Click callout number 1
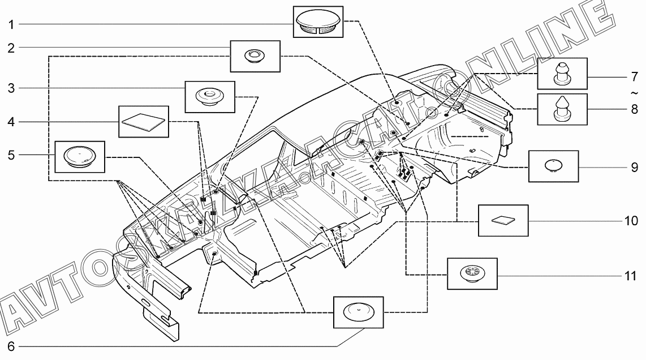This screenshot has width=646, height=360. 11,25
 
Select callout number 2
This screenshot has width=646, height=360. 11,48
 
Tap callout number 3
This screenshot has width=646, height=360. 11,88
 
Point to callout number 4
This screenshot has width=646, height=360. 11,122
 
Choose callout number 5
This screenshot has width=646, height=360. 11,156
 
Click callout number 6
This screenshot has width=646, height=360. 11,346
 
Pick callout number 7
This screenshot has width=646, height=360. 635,77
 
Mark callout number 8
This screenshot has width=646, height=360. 635,109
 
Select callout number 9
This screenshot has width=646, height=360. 635,168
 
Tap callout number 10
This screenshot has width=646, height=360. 631,221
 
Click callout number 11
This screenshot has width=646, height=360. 631,276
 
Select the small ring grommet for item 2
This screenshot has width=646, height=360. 255,56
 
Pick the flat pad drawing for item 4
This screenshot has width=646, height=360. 143,122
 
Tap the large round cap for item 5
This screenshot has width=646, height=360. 80,157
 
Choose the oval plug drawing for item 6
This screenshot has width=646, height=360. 359,312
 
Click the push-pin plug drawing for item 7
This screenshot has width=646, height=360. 562,73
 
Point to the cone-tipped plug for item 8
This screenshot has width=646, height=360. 562,109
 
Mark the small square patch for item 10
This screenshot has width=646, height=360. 503,221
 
